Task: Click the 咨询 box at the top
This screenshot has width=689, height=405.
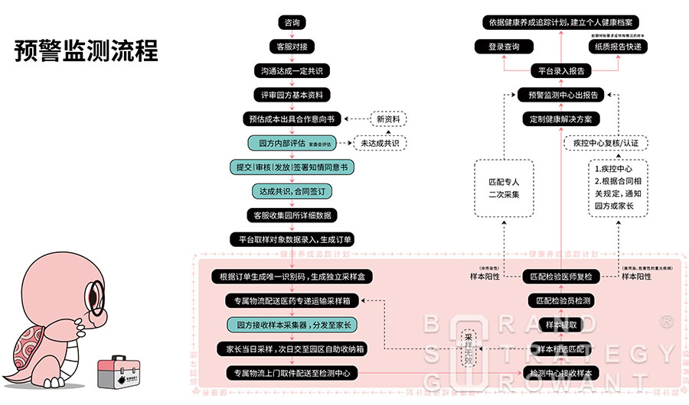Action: tap(292, 23)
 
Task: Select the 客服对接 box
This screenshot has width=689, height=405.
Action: tap(292, 47)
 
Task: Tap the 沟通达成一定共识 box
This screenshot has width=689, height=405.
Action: tap(292, 71)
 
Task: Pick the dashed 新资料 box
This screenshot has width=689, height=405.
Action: tap(388, 118)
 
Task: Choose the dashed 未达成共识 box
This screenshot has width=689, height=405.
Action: tap(380, 143)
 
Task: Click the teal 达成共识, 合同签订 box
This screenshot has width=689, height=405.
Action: tap(292, 191)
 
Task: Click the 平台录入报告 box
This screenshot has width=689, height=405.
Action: tap(560, 71)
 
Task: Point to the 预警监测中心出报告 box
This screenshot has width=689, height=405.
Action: tap(560, 95)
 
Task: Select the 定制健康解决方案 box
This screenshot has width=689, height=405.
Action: tap(560, 119)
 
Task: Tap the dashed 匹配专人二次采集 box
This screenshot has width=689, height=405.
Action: tap(503, 188)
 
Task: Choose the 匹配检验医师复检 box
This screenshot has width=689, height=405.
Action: tap(560, 276)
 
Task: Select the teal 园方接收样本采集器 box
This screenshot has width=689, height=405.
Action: tap(292, 324)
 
